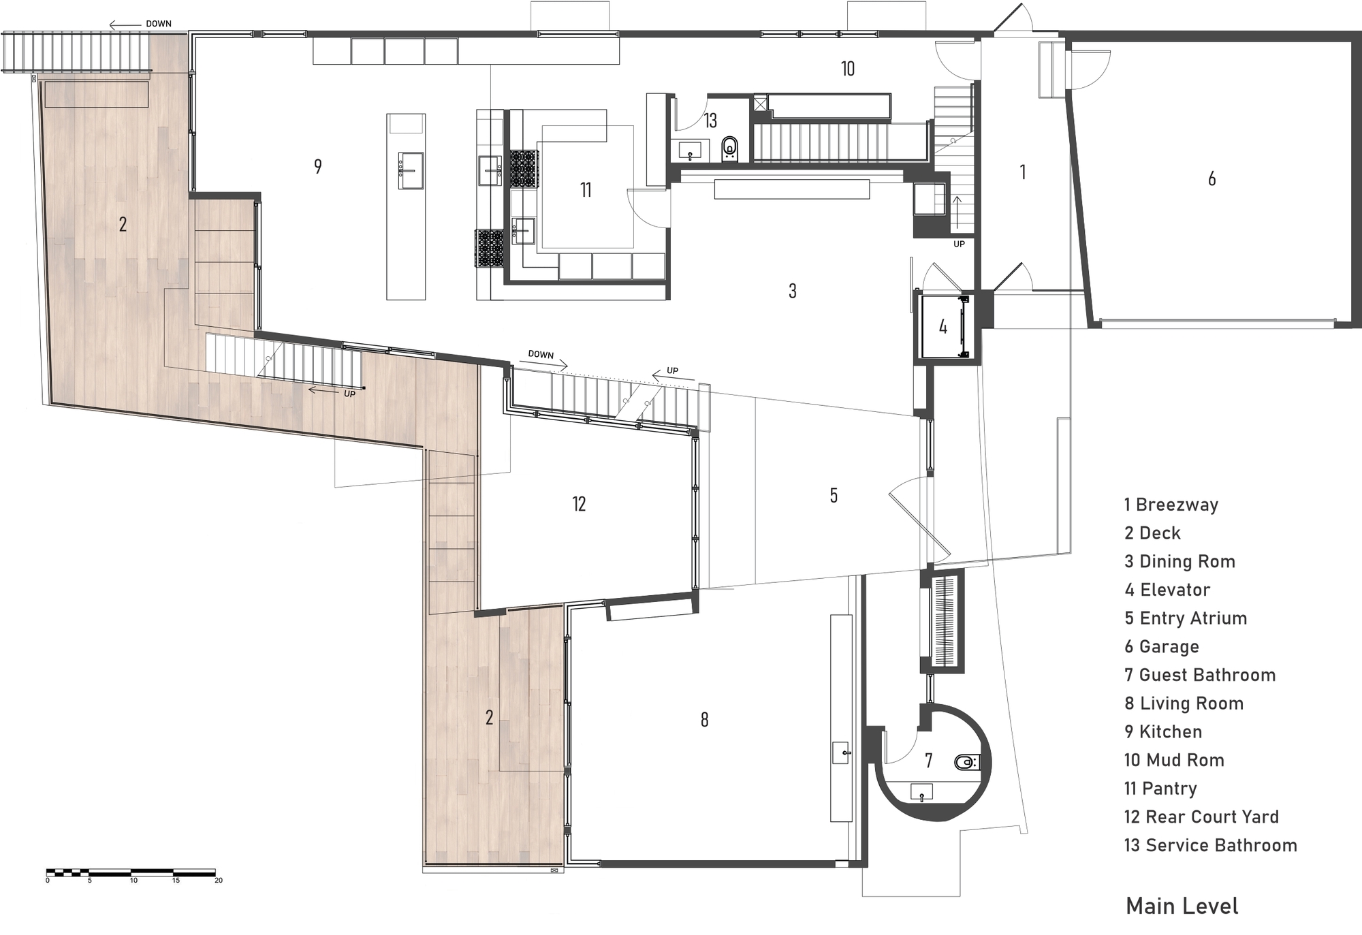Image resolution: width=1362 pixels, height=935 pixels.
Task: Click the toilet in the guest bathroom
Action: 966,762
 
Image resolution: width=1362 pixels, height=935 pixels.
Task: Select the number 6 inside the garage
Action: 1211,178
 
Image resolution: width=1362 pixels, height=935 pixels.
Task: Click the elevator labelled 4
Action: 943,327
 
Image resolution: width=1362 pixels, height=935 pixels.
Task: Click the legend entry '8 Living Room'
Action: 1184,703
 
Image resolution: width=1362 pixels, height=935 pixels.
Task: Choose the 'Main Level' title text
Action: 1182,906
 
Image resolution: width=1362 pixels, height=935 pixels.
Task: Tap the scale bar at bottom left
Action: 131,872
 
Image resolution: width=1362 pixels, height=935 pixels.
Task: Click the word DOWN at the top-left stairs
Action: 159,24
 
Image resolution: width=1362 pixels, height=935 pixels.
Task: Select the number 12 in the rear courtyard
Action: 579,504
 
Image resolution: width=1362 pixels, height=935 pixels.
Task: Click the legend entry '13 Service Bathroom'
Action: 1210,845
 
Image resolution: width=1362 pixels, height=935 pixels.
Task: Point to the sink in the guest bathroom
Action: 921,792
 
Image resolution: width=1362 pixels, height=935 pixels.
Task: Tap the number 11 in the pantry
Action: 586,190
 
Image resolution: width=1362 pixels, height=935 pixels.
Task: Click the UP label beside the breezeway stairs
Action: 959,244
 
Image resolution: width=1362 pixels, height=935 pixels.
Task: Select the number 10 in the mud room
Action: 847,69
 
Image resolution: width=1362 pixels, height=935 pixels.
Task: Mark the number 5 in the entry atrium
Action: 834,496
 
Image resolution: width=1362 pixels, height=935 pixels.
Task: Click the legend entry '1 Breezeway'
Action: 1171,505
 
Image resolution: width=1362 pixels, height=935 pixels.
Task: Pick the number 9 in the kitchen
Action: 318,166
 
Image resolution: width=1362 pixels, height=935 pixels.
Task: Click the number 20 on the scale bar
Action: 219,881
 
